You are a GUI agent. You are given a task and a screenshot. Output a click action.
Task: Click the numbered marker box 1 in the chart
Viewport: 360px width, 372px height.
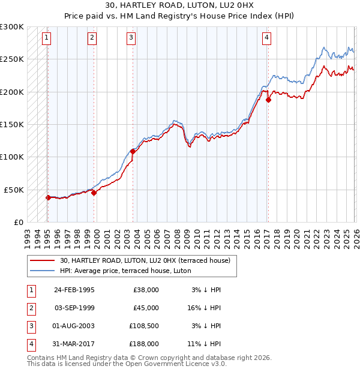pos(47,38)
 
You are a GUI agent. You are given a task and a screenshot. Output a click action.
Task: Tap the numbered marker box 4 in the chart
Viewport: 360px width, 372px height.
pos(266,38)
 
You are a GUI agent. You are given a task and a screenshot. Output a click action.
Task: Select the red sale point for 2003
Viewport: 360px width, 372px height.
pos(133,151)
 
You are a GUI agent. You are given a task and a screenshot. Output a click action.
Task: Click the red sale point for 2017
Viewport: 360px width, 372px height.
pos(268,100)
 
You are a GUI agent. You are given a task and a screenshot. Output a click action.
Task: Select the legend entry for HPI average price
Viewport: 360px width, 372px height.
pos(125,271)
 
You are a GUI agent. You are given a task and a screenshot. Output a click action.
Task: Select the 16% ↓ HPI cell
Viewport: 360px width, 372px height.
pos(206,308)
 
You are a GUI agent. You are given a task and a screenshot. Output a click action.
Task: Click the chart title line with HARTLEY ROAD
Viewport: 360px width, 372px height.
pos(180,7)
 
